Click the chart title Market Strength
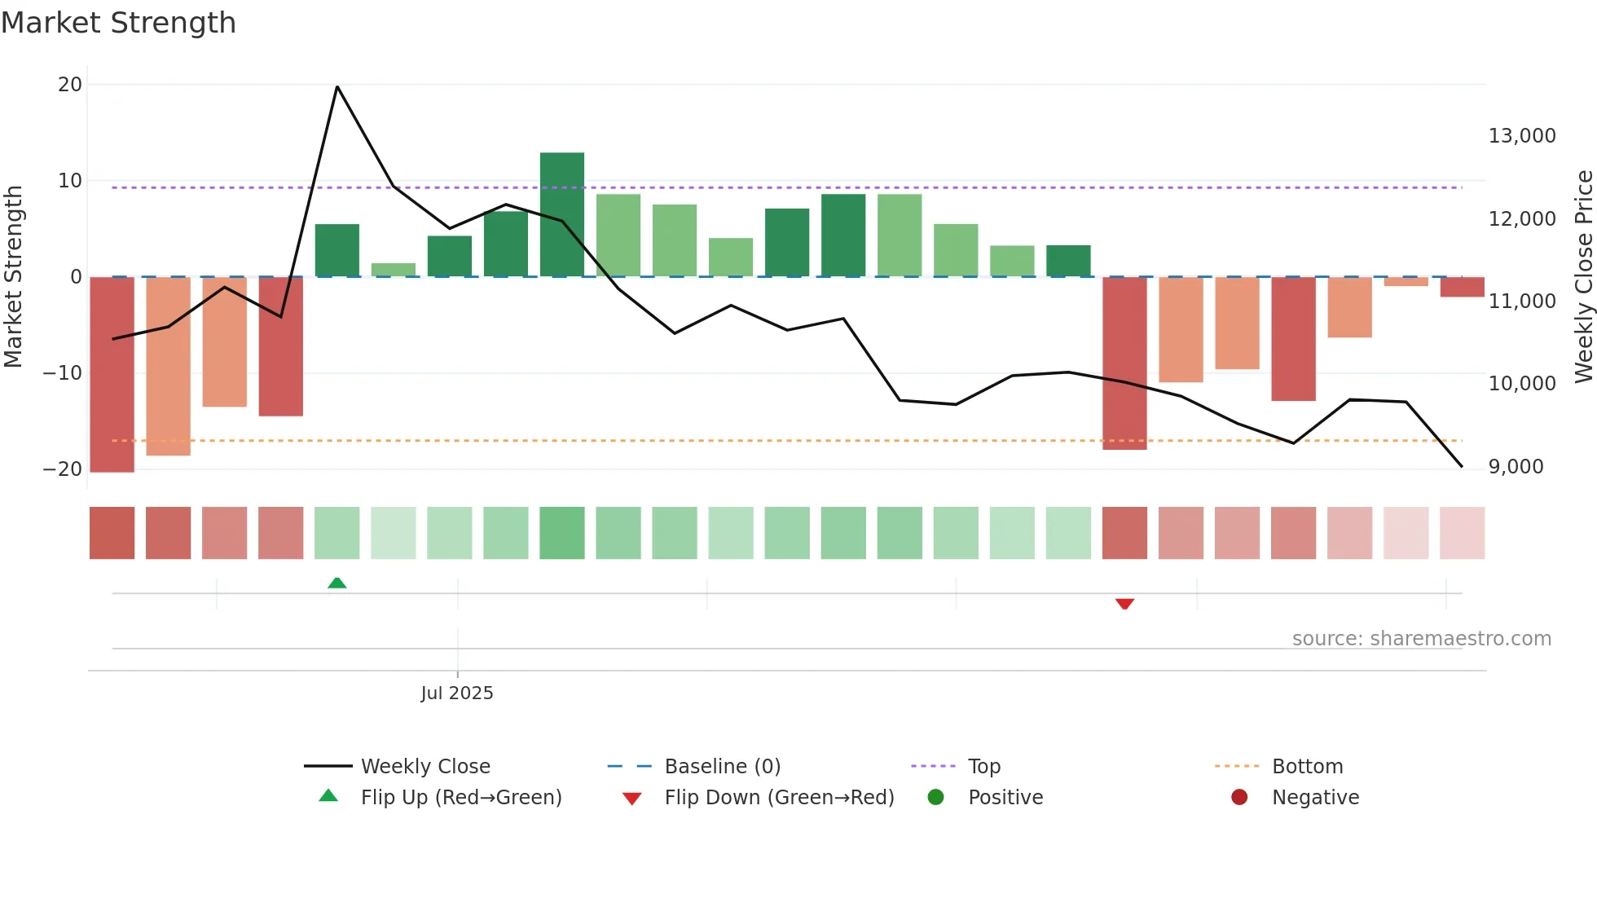[x=118, y=23]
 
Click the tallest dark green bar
[x=561, y=213]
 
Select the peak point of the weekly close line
[x=337, y=86]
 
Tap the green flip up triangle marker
[x=337, y=583]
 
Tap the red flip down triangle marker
[x=1124, y=604]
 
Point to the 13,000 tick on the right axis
[x=1521, y=136]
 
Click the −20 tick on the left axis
[x=63, y=469]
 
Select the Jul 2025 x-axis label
[x=456, y=693]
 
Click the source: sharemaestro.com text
[x=1421, y=639]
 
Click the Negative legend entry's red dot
[x=1239, y=798]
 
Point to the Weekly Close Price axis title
[x=1583, y=276]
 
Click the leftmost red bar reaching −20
[x=112, y=375]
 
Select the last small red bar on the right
[x=1462, y=287]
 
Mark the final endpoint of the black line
[x=1462, y=466]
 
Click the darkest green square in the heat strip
[x=561, y=533]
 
